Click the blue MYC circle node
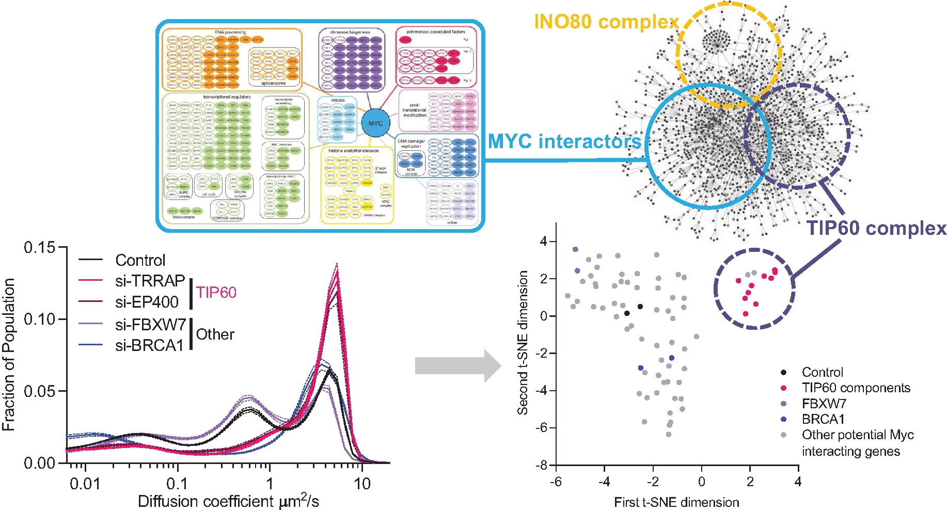click(375, 123)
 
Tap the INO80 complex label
click(606, 22)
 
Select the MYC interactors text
click(564, 141)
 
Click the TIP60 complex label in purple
click(876, 228)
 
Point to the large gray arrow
click(457, 366)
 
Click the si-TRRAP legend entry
click(150, 280)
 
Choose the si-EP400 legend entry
click(147, 302)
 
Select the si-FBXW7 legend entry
click(150, 324)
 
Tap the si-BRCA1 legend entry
click(149, 345)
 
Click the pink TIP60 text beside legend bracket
click(216, 292)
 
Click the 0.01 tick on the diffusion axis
click(85, 484)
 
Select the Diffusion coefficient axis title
click(228, 501)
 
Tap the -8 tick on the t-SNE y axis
click(542, 465)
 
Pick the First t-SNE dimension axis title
click(676, 502)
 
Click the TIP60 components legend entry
click(856, 388)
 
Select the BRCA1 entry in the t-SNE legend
click(823, 419)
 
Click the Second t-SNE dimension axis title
click(523, 343)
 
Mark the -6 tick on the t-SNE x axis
click(556, 482)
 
